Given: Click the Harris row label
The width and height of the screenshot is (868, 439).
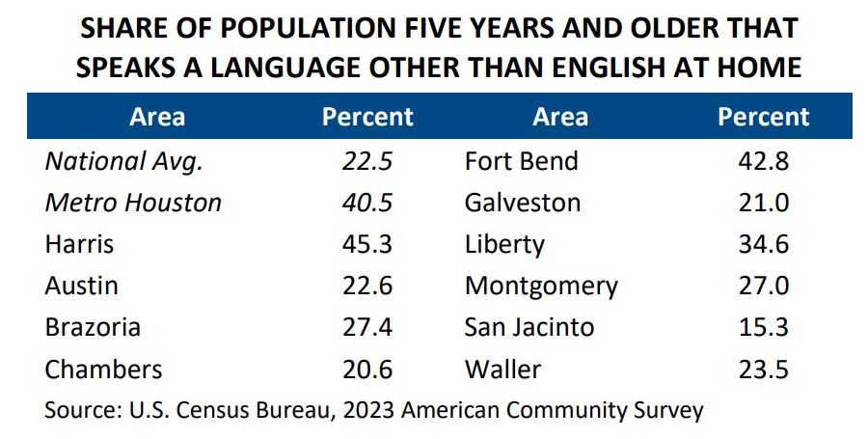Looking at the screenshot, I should [79, 244].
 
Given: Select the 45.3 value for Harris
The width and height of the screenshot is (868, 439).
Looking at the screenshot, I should [367, 244].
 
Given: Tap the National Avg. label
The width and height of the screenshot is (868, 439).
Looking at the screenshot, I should [123, 161].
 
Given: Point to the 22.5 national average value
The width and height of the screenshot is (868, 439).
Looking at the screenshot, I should [367, 161].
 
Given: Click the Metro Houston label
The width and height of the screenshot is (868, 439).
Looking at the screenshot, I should [133, 203].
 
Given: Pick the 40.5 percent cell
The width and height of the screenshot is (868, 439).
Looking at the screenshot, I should [367, 203].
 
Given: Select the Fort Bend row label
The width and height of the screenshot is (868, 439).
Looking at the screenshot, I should [521, 161].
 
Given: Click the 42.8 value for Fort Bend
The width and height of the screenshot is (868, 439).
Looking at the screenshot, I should [764, 161].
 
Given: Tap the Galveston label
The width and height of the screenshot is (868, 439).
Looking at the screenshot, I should [523, 203].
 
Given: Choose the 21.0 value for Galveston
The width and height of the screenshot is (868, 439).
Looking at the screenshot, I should [764, 203].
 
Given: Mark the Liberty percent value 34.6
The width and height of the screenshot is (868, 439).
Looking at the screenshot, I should [764, 244].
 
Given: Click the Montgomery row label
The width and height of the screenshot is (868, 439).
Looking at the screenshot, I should [541, 286].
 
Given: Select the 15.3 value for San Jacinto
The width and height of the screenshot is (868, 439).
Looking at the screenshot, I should [764, 327].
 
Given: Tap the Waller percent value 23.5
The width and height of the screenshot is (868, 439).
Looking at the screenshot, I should [764, 369].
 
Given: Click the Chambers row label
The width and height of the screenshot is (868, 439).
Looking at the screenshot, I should [103, 369].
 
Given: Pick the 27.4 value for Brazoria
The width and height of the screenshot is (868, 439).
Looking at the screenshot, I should [367, 327].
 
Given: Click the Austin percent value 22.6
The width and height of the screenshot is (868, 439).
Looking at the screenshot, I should [367, 286].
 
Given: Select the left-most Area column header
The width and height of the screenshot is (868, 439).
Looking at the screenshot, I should [157, 118].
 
